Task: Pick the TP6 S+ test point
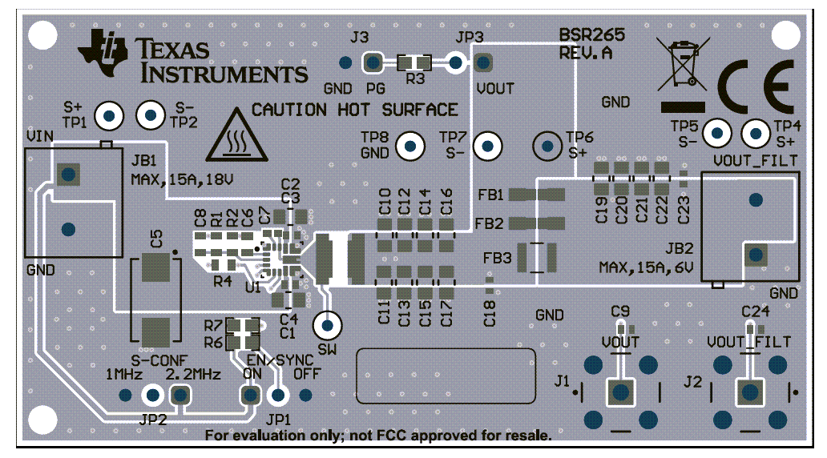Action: point(548,146)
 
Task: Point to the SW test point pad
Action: point(327,325)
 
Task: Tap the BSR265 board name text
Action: point(591,36)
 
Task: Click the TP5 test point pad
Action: point(718,133)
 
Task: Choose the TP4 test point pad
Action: point(755,133)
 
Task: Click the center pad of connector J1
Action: point(619,392)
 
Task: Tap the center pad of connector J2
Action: point(749,392)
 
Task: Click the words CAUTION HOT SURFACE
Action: point(355,110)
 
